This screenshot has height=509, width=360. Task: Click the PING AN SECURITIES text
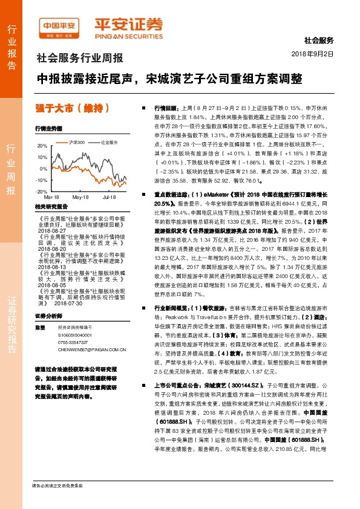click(129, 35)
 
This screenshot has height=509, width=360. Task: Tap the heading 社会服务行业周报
click(80, 59)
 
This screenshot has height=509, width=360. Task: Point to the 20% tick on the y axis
click(42, 146)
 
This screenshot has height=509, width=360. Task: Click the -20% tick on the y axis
click(41, 191)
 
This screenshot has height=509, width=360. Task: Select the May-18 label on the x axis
click(80, 197)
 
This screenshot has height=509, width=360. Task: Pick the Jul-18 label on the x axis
click(110, 197)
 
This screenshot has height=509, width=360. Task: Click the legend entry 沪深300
click(76, 142)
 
